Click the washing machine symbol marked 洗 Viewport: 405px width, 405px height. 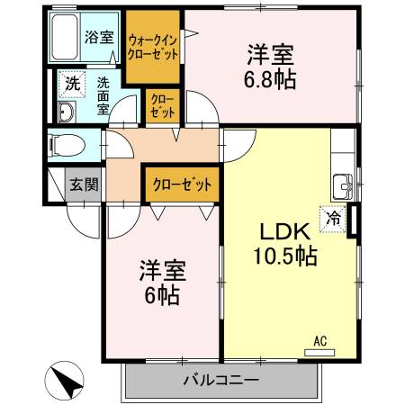[70, 85]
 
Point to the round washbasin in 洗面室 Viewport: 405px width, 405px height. [66, 112]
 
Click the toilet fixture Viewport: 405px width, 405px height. [64, 143]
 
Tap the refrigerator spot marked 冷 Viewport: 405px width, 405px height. [335, 217]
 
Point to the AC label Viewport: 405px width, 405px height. [319, 340]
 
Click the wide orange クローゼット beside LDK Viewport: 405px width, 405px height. [183, 184]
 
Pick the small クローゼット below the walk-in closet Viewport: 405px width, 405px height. [164, 106]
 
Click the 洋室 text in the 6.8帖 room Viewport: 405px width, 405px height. [269, 54]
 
